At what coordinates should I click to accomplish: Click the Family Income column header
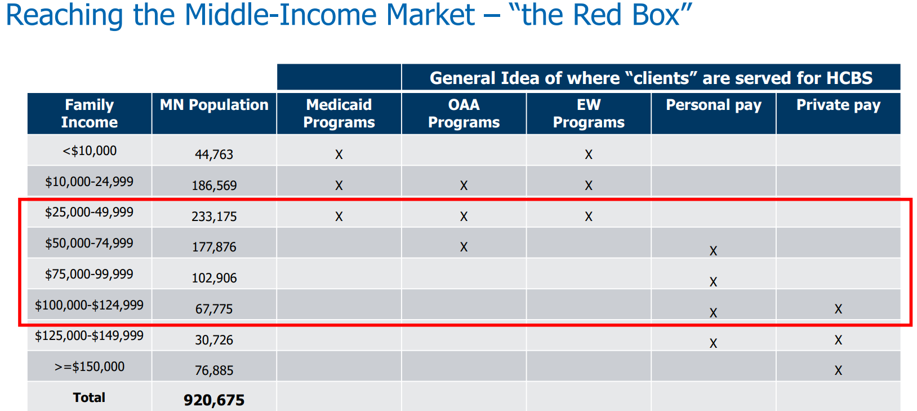(x=90, y=113)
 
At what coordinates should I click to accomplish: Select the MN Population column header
(x=214, y=105)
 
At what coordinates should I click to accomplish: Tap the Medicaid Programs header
(x=339, y=113)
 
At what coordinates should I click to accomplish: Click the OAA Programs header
(x=464, y=113)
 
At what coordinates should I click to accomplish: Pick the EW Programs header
(x=589, y=113)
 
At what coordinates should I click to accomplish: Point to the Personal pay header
(x=713, y=105)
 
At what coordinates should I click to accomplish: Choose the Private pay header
(x=838, y=105)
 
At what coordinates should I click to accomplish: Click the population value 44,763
(x=214, y=154)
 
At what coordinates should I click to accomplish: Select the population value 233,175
(x=214, y=216)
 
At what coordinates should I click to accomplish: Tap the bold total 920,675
(x=214, y=400)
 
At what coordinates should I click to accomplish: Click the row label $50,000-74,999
(x=90, y=244)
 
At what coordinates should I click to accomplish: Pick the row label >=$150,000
(x=90, y=367)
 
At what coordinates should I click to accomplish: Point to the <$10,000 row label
(x=90, y=151)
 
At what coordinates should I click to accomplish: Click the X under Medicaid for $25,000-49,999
(x=339, y=216)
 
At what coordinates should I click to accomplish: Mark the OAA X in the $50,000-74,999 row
(x=464, y=247)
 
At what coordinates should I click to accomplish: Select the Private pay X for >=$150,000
(x=838, y=370)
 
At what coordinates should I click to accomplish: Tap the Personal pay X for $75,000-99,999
(x=713, y=282)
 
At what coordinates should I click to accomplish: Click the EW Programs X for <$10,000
(x=589, y=154)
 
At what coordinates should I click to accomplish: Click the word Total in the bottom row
(x=89, y=397)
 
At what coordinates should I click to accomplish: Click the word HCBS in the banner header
(x=849, y=78)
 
